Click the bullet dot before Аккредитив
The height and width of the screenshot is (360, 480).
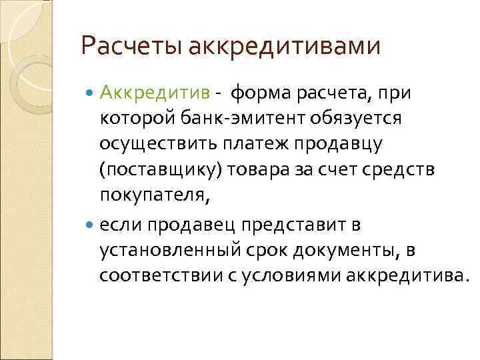[91, 93]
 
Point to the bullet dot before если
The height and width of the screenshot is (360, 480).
[91, 225]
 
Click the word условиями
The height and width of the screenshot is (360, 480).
[301, 275]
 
